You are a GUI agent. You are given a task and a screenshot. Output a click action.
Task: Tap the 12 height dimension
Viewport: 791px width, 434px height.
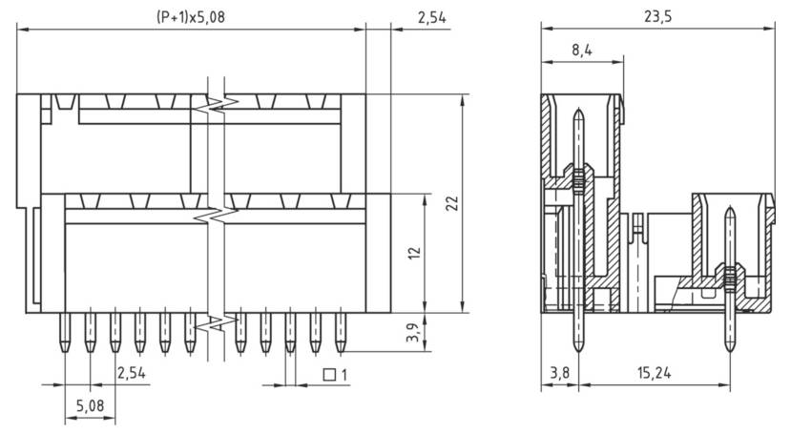(x=413, y=253)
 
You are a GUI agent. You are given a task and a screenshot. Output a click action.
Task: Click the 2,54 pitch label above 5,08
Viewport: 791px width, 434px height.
(x=130, y=373)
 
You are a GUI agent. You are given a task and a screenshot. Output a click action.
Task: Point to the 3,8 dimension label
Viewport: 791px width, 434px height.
(x=558, y=373)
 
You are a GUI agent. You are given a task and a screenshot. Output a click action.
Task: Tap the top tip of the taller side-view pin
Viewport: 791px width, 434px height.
(x=578, y=111)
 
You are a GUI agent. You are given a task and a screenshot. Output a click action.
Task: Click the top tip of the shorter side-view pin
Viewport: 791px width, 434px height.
(x=730, y=208)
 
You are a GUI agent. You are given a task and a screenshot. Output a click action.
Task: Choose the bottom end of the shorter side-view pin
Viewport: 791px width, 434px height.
(x=730, y=354)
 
